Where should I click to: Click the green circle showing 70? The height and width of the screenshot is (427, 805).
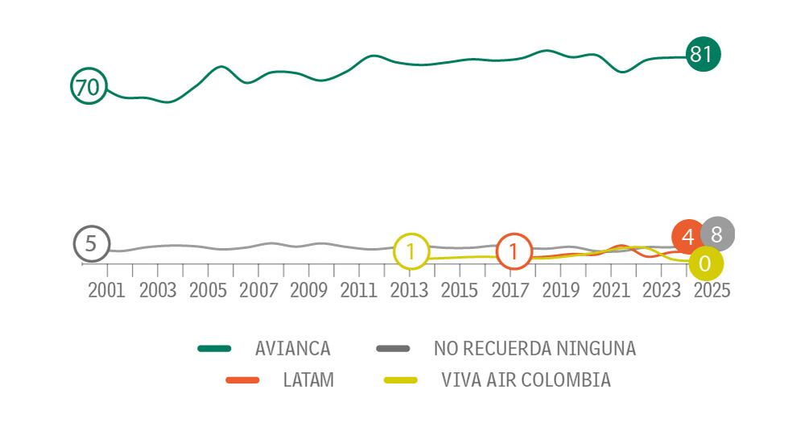point(89,86)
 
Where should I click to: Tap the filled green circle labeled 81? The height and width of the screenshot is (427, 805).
point(703,55)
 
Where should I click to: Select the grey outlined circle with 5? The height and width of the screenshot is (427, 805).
point(91,244)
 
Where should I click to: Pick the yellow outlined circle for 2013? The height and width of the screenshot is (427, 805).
point(411,252)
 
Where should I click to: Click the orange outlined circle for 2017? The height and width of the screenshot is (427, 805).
point(514,252)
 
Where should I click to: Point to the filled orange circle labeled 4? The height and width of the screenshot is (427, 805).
point(687,237)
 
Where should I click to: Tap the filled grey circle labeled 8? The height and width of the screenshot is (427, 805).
point(717,234)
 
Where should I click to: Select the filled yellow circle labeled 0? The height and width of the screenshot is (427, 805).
point(706,263)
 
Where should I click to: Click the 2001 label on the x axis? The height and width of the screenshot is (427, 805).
point(106,291)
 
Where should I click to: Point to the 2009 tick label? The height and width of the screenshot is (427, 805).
point(308,291)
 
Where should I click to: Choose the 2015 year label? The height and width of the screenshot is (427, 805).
point(460,291)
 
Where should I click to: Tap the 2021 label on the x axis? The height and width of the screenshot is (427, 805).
point(611,291)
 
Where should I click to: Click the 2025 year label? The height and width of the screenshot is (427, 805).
point(712,291)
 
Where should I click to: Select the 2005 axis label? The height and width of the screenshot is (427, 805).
point(208,291)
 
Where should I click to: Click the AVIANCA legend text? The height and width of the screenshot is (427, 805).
point(292,349)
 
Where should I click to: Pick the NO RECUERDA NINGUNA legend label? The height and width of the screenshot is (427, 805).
point(535,349)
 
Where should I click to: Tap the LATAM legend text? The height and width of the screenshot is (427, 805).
point(308,379)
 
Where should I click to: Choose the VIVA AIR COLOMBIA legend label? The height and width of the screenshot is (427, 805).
point(526,379)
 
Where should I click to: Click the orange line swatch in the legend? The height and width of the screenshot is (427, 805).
point(242,379)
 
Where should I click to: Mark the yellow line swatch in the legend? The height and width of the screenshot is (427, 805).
point(400,379)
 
